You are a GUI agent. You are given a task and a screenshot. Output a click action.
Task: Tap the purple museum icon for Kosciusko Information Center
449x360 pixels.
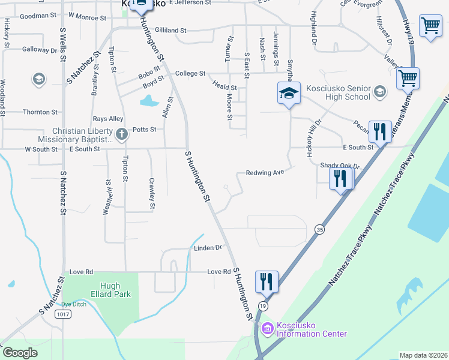tap(267, 329)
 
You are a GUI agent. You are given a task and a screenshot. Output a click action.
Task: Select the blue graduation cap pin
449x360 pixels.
tap(289, 94)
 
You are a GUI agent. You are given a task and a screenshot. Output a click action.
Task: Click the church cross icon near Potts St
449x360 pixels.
tap(121, 134)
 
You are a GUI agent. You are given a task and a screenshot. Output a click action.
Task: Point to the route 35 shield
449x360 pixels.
tap(319, 229)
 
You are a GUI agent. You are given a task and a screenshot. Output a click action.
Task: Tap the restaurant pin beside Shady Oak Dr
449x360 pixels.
tap(340, 179)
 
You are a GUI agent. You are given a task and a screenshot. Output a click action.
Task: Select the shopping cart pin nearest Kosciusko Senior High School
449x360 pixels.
tap(408, 78)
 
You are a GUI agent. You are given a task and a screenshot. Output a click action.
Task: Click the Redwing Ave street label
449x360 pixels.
tap(264, 173)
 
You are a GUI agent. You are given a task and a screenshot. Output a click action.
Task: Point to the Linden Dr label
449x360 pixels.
tap(208, 247)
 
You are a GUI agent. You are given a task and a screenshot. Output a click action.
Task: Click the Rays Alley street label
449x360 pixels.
tap(108, 119)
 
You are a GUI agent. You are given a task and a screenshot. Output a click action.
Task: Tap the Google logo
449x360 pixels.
tap(20, 353)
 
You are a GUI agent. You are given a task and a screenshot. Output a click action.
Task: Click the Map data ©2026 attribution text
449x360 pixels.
tap(423, 355)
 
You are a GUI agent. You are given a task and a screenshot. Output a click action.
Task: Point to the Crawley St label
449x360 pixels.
tap(152, 193)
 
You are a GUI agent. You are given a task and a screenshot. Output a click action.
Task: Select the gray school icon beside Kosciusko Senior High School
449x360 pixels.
tap(379, 92)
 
